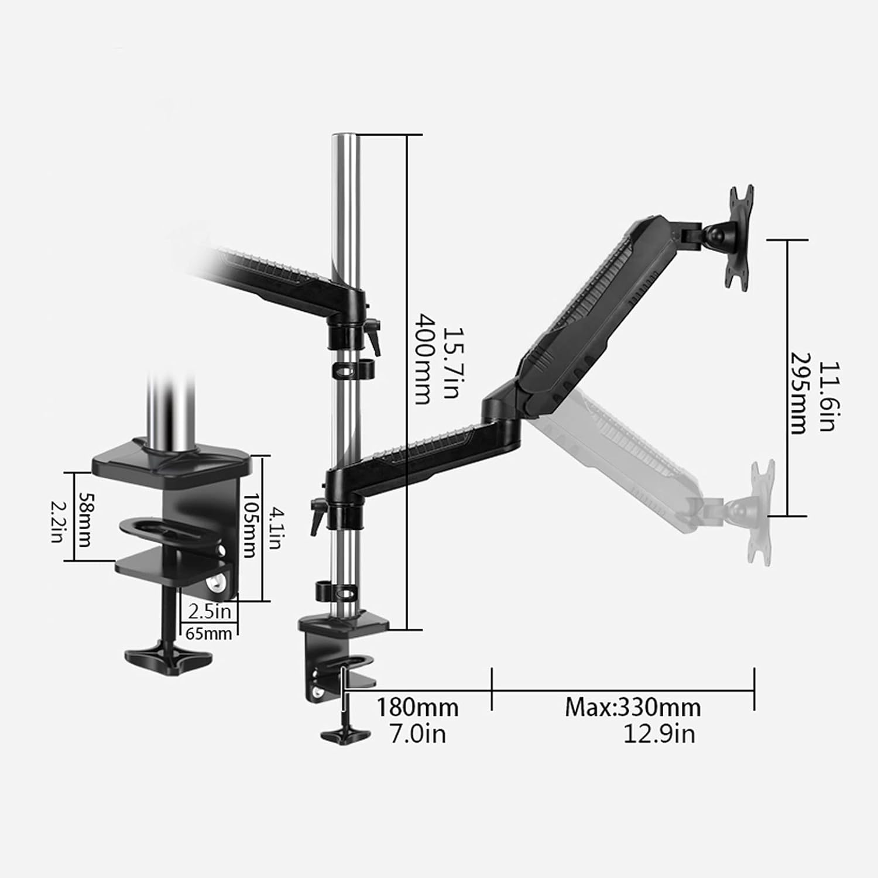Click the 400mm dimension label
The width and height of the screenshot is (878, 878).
423,359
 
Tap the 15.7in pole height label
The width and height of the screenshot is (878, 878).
450,363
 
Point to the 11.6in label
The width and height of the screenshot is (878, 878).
826,396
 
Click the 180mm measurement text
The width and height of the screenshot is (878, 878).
417,708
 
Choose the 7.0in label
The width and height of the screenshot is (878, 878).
418,734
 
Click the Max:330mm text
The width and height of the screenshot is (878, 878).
633,708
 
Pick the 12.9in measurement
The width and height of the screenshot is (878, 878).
659,734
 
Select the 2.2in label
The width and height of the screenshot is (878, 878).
57,520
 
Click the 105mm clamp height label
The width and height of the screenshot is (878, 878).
250,526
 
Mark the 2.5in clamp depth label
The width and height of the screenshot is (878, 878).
210,612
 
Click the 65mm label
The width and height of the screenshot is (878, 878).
208,633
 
